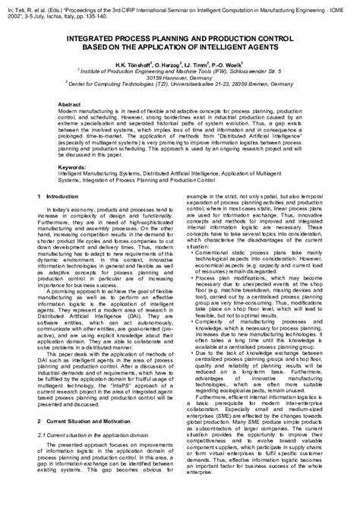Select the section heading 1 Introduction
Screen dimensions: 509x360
pos(55,196)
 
